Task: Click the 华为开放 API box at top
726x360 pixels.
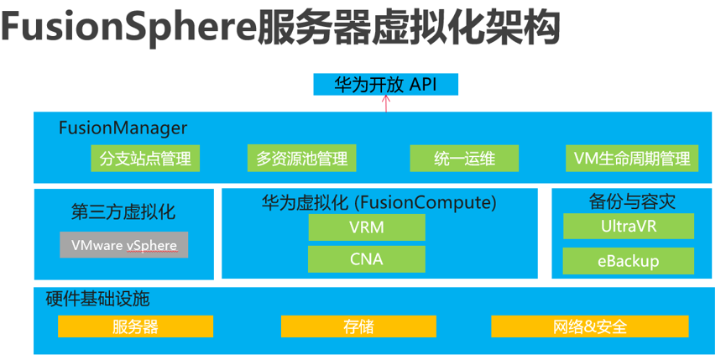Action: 386,84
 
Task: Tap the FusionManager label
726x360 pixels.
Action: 123,128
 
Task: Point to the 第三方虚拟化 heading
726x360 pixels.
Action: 124,211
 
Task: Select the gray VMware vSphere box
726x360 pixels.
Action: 124,245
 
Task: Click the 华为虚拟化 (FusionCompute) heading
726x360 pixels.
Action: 379,202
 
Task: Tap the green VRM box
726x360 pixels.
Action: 366,227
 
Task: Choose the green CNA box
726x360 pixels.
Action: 366,258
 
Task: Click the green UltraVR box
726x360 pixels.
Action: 628,226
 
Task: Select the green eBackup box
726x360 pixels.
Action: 628,260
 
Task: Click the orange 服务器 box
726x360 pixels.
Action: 135,326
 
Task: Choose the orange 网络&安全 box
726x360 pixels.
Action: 589,326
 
